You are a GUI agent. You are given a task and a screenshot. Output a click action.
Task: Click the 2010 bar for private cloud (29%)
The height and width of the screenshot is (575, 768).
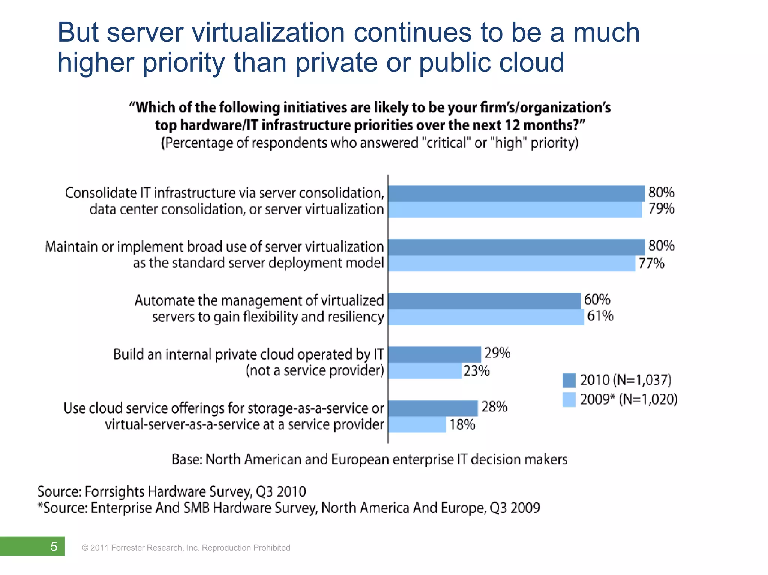tap(434, 354)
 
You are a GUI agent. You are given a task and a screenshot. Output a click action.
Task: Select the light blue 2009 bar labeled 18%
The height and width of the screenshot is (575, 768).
tap(417, 425)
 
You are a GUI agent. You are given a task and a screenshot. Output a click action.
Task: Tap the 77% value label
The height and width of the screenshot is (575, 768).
tap(651, 264)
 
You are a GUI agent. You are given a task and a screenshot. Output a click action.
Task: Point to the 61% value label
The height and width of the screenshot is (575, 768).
tap(600, 316)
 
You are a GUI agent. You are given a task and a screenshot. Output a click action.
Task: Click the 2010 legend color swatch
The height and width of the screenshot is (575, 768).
tap(569, 380)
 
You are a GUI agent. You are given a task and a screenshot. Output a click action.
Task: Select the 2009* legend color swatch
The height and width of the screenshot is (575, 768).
tap(569, 400)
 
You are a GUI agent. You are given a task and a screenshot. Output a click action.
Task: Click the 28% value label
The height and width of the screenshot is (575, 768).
tap(494, 407)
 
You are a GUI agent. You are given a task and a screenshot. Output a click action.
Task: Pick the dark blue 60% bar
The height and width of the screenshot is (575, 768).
tap(484, 301)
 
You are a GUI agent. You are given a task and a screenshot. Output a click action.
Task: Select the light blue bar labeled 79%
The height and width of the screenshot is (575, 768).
tap(515, 210)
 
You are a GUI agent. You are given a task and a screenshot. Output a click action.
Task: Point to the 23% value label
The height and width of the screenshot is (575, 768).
tap(477, 371)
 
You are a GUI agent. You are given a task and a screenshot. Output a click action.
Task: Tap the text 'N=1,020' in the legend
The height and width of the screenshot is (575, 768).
tap(648, 400)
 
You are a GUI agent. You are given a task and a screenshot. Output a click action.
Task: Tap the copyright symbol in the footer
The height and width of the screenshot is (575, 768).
tap(85, 548)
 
